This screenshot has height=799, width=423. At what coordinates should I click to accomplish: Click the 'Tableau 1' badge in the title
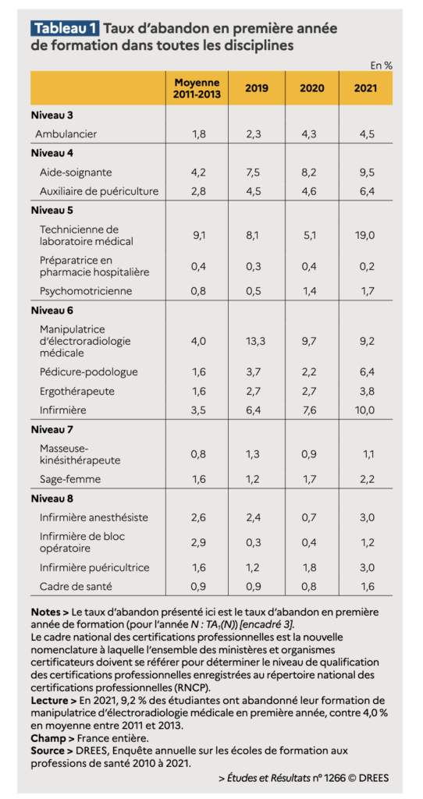click(66, 28)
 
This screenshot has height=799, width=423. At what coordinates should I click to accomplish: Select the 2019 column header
click(257, 87)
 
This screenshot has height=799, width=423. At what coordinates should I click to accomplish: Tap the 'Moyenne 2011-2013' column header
click(197, 87)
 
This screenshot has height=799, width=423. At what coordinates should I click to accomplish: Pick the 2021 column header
click(366, 87)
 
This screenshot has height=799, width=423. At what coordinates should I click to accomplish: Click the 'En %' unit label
click(381, 66)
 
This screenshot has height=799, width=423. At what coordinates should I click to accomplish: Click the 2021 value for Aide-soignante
click(366, 172)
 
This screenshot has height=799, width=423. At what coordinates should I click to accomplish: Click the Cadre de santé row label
click(76, 586)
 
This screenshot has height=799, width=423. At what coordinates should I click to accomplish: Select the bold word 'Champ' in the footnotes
click(46, 736)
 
